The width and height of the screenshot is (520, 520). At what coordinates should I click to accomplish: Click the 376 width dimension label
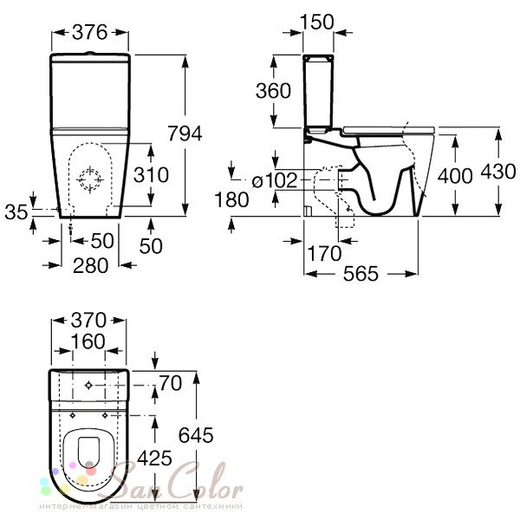coord(90,32)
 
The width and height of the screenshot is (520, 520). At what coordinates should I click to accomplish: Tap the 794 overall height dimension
coord(185,133)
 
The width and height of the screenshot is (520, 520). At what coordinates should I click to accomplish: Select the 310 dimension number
coord(151,175)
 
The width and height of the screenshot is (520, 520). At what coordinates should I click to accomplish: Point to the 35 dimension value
coord(16,212)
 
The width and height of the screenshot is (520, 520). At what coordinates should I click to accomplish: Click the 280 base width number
coord(90,266)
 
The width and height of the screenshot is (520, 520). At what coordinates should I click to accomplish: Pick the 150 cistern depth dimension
coord(317,23)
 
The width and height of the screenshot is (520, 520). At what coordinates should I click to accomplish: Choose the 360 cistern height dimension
coord(273,90)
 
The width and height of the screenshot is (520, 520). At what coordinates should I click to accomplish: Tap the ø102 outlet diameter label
coord(275,181)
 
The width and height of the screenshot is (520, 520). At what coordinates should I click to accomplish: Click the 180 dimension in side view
coord(231,199)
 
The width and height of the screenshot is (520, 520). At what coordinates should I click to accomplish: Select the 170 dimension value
coord(324,254)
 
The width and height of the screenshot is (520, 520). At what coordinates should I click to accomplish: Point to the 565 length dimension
coord(361,274)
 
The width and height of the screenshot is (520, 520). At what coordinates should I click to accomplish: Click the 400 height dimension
coord(455,176)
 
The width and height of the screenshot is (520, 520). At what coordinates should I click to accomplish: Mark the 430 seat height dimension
coord(498,172)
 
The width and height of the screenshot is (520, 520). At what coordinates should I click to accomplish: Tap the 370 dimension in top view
coord(88,320)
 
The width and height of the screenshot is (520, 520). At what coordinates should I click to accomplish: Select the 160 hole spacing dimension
coord(88,341)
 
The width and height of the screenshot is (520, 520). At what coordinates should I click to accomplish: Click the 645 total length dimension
coord(196,435)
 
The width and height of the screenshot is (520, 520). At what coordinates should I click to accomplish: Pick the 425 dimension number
coord(154,458)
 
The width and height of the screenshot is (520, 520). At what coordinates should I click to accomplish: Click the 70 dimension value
coord(171,383)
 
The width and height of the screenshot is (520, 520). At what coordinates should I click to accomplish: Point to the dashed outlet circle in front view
coord(90,179)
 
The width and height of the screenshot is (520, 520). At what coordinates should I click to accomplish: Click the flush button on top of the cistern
coord(89,53)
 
